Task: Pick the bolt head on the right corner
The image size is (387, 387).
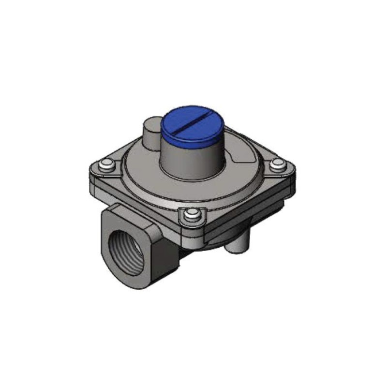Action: point(277,165)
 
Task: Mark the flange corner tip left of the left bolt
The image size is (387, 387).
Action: point(92,169)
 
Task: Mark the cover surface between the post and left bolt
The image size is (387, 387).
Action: point(128,157)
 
